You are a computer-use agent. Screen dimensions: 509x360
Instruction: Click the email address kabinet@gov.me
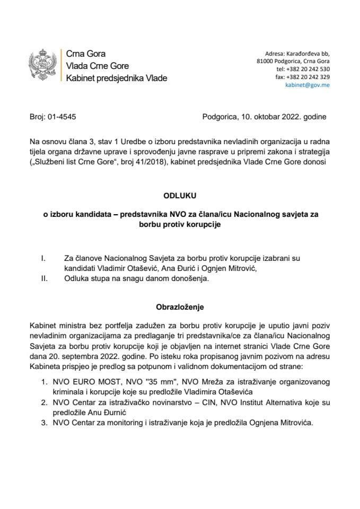pos(307,84)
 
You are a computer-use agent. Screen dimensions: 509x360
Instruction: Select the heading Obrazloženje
pos(180,306)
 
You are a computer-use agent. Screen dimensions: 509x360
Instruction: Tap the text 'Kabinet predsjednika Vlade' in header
pos(116,78)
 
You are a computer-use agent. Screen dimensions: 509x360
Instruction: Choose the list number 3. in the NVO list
pos(45,425)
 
